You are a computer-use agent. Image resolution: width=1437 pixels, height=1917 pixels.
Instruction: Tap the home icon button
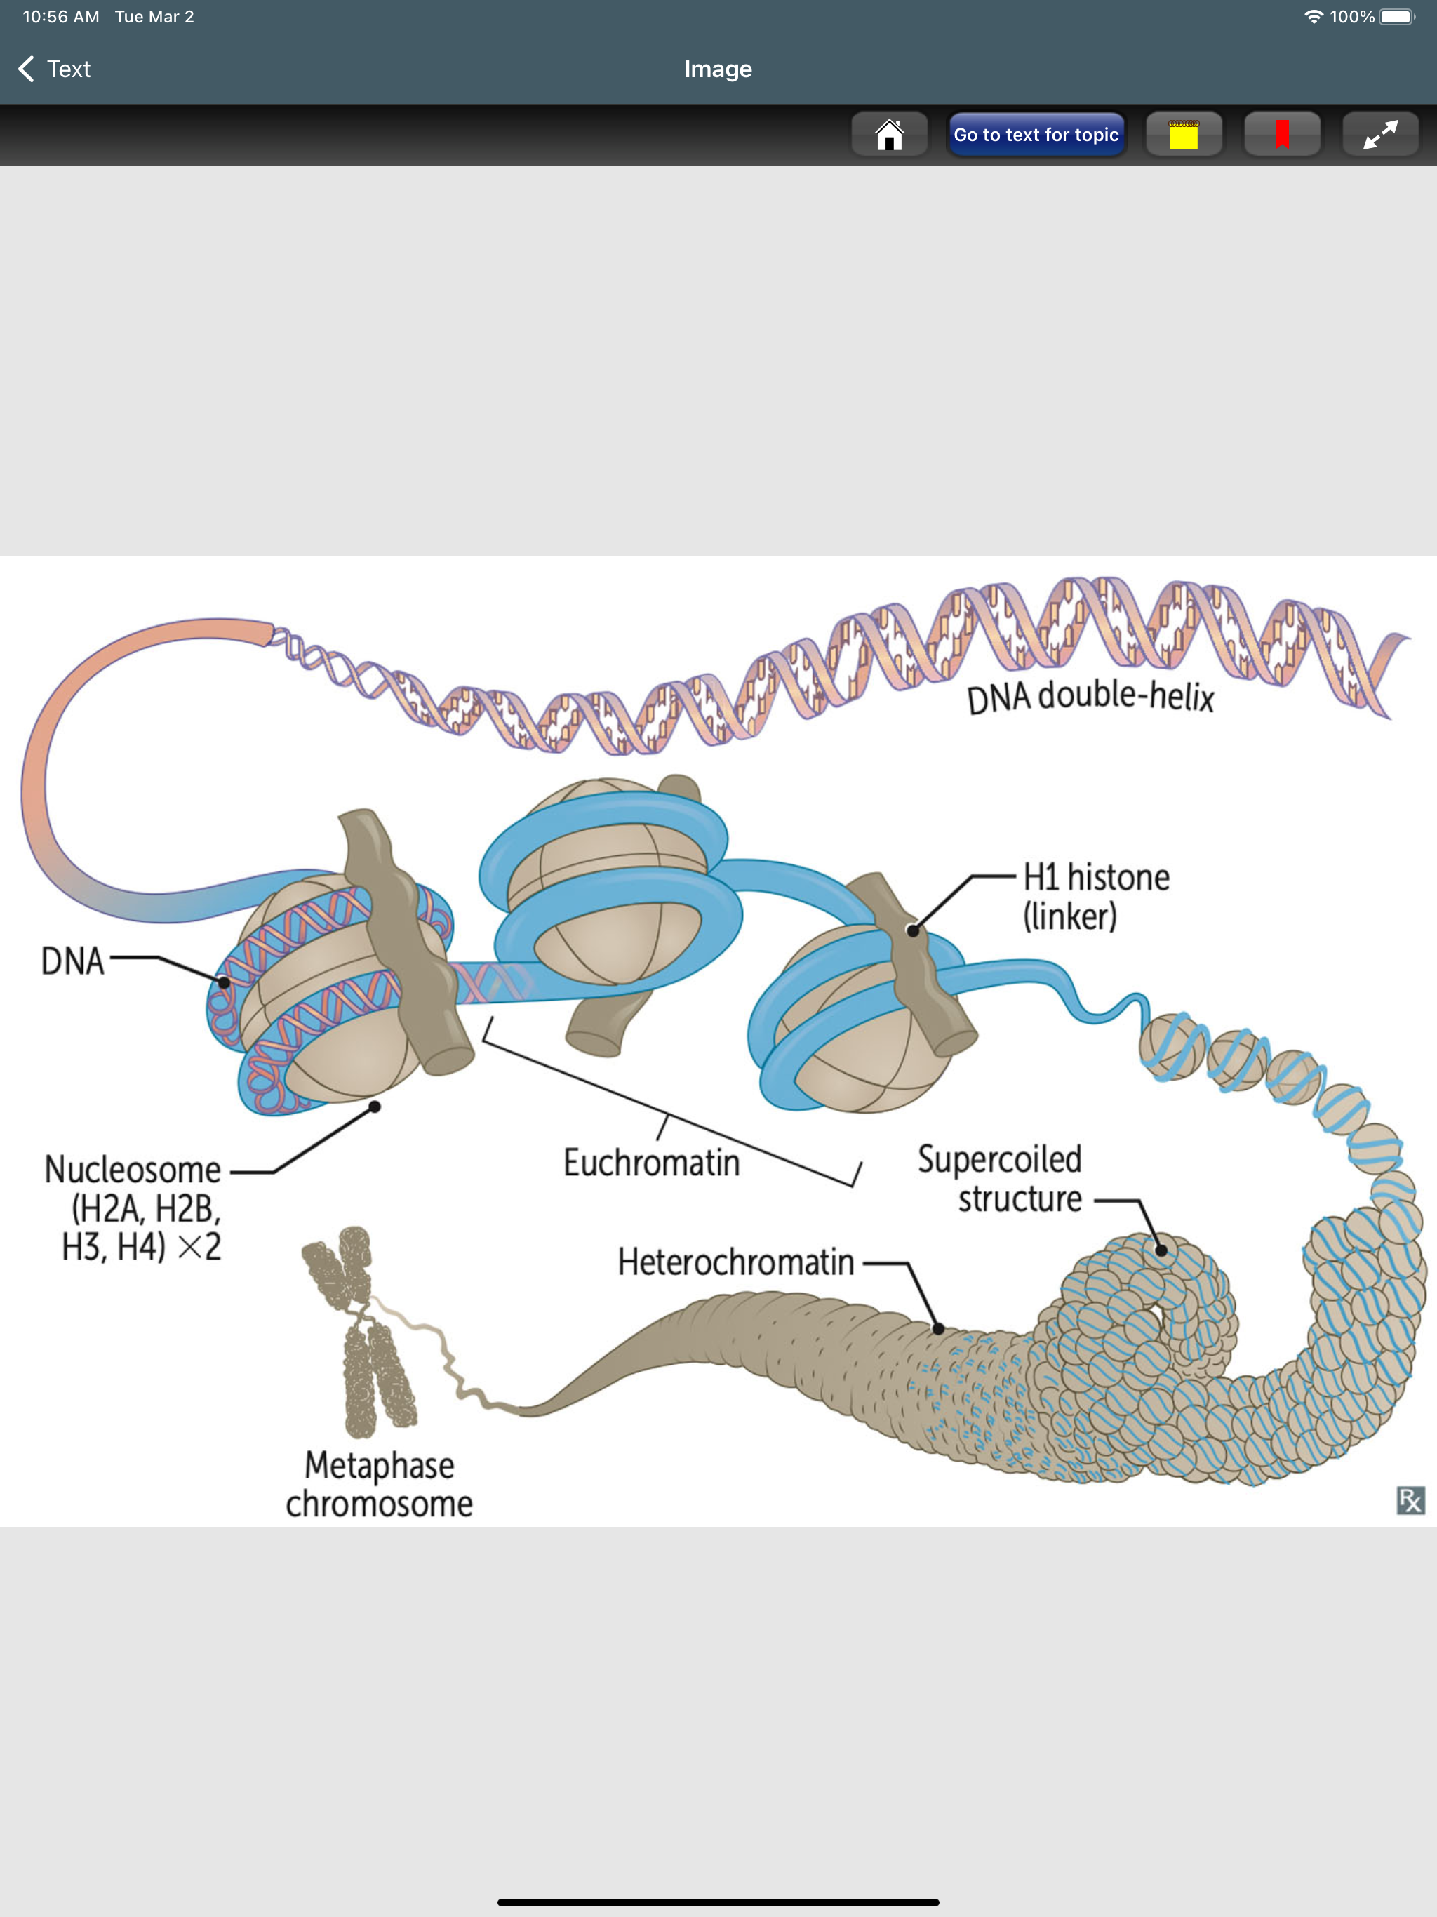(889, 134)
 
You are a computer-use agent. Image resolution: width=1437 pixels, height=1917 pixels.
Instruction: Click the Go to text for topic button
(1036, 134)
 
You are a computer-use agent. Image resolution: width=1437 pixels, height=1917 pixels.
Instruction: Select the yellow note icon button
(1183, 134)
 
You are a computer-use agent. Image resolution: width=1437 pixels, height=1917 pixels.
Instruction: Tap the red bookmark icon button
(1282, 134)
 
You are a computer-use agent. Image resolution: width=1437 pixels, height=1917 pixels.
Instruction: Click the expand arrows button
(1379, 134)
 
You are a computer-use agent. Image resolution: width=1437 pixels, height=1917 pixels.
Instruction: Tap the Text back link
(55, 69)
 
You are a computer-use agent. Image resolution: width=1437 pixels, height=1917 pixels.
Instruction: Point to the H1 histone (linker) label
(1095, 896)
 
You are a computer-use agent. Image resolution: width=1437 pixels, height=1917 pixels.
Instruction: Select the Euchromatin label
(652, 1163)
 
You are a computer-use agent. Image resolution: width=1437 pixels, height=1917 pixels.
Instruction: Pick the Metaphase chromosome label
(380, 1483)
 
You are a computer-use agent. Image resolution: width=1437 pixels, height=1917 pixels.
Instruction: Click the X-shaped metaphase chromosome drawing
(359, 1330)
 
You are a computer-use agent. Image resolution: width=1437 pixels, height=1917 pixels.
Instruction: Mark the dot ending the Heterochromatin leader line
(938, 1328)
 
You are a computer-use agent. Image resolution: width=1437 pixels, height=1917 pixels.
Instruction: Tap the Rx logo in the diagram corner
(1410, 1500)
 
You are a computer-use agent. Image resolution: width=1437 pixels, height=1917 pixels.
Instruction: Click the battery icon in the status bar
(1397, 16)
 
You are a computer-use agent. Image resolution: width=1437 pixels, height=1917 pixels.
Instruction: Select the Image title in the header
(718, 69)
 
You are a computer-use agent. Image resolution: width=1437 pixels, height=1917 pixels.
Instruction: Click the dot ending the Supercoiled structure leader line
(1161, 1250)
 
